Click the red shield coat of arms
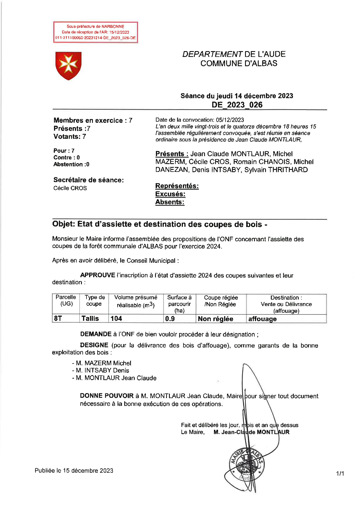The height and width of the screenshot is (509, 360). tap(68, 66)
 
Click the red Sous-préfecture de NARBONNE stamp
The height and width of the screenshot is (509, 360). tap(95, 32)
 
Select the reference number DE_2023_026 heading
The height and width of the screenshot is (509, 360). tap(237, 105)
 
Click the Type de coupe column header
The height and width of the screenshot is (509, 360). tap(94, 301)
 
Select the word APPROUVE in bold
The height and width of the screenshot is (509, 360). tap(98, 275)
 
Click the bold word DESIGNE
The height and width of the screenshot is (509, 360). tap(94, 345)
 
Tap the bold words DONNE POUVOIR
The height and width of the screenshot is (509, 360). tap(107, 396)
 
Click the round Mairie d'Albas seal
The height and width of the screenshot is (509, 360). tap(247, 466)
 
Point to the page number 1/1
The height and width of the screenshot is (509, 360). tap(340, 474)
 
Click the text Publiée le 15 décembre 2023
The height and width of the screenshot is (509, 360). tap(74, 471)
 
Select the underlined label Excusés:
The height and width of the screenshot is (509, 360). tap(170, 194)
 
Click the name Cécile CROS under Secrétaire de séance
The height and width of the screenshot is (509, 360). tap(70, 188)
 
